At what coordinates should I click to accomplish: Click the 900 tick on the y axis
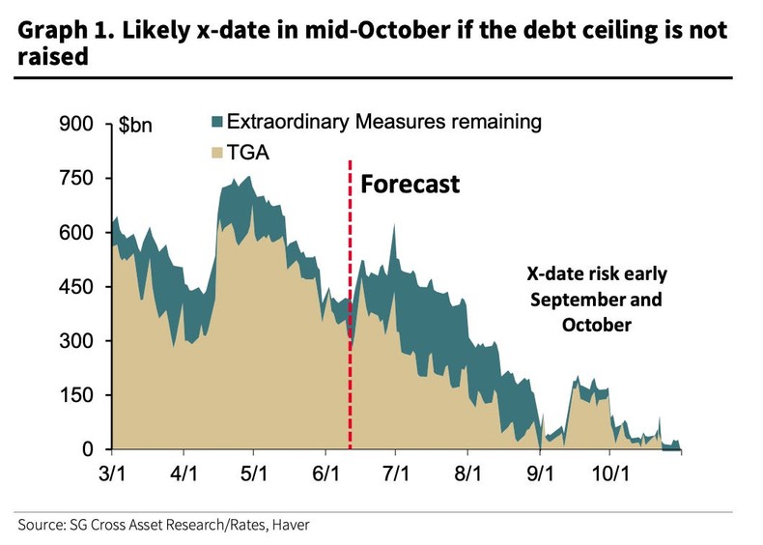[x=78, y=125]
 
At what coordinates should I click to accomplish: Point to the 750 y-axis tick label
[x=78, y=179]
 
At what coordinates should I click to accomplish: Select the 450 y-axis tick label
[x=78, y=287]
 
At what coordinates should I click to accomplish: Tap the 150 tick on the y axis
[x=78, y=395]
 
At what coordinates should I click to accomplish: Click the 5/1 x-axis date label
[x=253, y=474]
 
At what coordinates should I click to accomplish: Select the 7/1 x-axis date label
[x=396, y=474]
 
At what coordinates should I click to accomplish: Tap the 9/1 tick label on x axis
[x=539, y=474]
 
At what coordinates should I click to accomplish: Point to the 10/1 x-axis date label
[x=609, y=474]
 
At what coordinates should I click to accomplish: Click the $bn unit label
[x=135, y=126]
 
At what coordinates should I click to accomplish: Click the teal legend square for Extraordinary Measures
[x=215, y=123]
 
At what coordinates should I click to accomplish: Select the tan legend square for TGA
[x=215, y=152]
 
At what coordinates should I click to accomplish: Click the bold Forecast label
[x=410, y=185]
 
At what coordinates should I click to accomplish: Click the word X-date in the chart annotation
[x=554, y=274]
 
